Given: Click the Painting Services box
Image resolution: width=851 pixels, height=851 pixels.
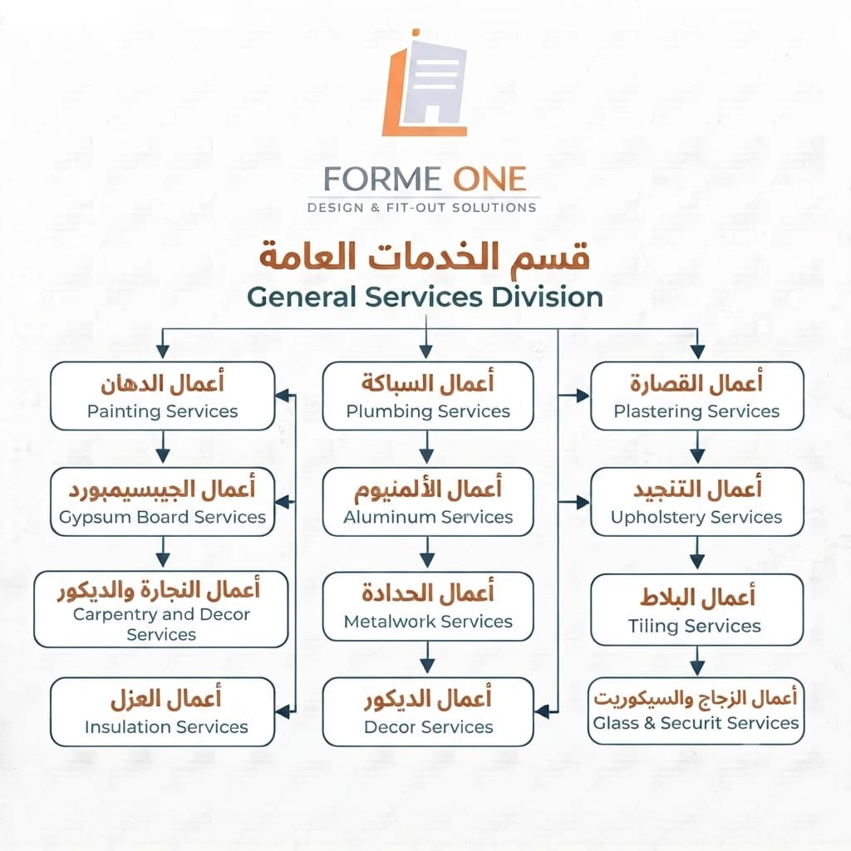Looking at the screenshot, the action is pos(162,396).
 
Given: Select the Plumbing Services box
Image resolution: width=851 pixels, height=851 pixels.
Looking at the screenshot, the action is pos(428,396).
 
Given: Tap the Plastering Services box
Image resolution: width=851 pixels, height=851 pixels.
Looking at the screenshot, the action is pos(697,396).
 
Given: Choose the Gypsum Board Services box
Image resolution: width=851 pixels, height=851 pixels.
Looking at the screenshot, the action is pos(162,502).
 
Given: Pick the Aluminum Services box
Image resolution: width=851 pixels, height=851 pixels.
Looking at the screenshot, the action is pos(428,502).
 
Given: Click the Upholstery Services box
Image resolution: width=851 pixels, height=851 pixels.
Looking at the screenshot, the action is pos(697,502).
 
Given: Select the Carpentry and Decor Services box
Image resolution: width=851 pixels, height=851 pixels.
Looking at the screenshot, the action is pos(160,609).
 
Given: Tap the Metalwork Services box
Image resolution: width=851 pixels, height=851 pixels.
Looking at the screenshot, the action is pos(428,606).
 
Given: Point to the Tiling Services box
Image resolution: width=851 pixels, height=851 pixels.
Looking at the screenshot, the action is pos(697,609).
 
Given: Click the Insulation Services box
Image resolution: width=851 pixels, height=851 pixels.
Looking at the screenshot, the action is pos(162,711).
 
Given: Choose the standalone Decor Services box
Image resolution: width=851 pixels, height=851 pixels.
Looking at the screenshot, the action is pos(428,711).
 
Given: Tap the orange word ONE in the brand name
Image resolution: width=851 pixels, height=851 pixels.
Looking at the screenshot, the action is pos(489,180).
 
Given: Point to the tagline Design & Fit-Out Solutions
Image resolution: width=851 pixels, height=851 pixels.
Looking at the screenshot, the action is pos(421,207).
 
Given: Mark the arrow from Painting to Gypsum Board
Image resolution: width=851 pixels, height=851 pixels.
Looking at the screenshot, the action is pos(163,447).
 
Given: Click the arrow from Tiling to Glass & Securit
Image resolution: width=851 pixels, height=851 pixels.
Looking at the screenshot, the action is pos(697,661).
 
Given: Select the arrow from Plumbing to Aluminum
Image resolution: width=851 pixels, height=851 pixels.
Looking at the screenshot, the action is pos(426,447).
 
